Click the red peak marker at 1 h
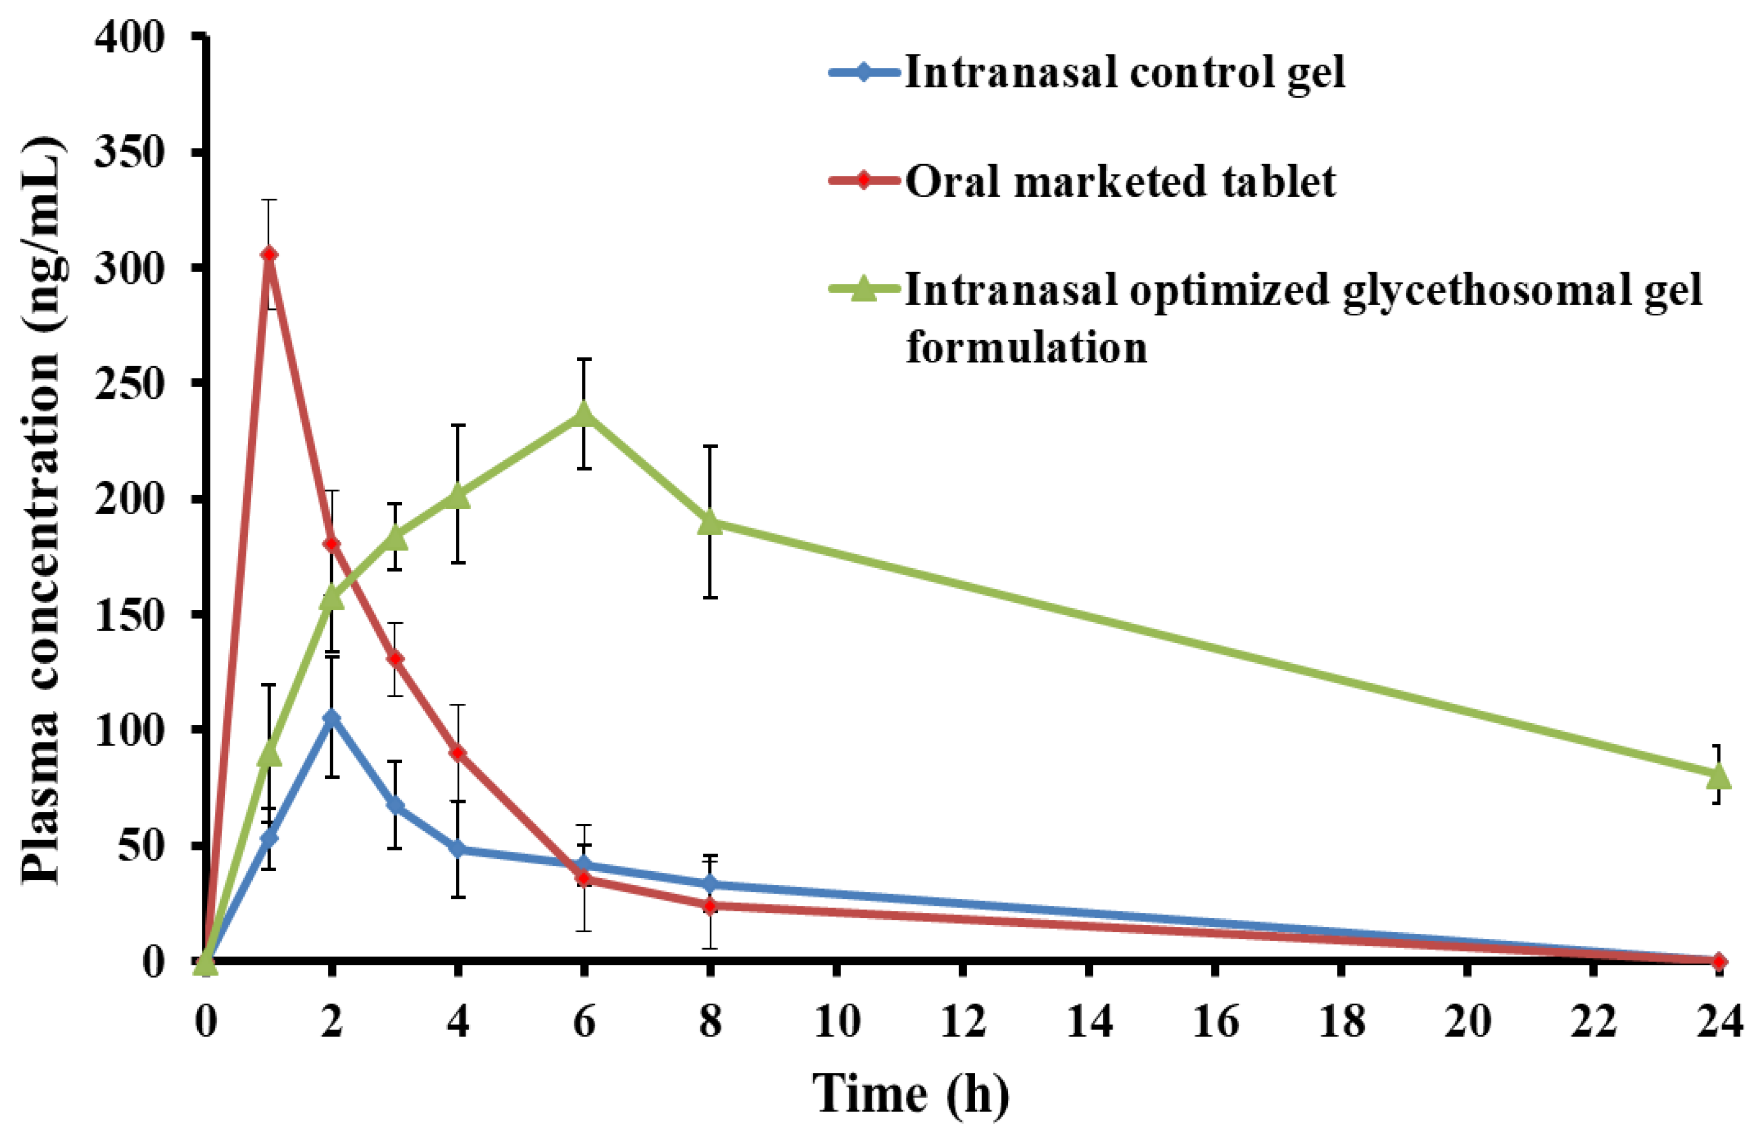click(x=269, y=254)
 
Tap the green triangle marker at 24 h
click(x=1718, y=775)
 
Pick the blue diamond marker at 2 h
click(x=332, y=717)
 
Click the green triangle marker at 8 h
click(x=710, y=522)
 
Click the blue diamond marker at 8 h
click(x=710, y=884)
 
